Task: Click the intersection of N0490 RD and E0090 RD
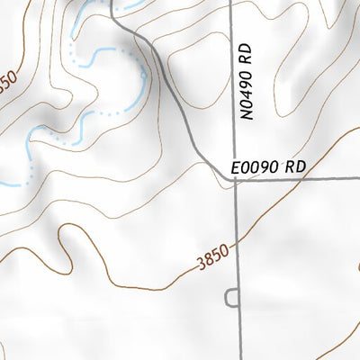[x=236, y=179]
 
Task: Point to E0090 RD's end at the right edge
[x=357, y=178]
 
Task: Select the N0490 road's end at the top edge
[x=233, y=3]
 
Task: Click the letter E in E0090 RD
[x=236, y=167]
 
